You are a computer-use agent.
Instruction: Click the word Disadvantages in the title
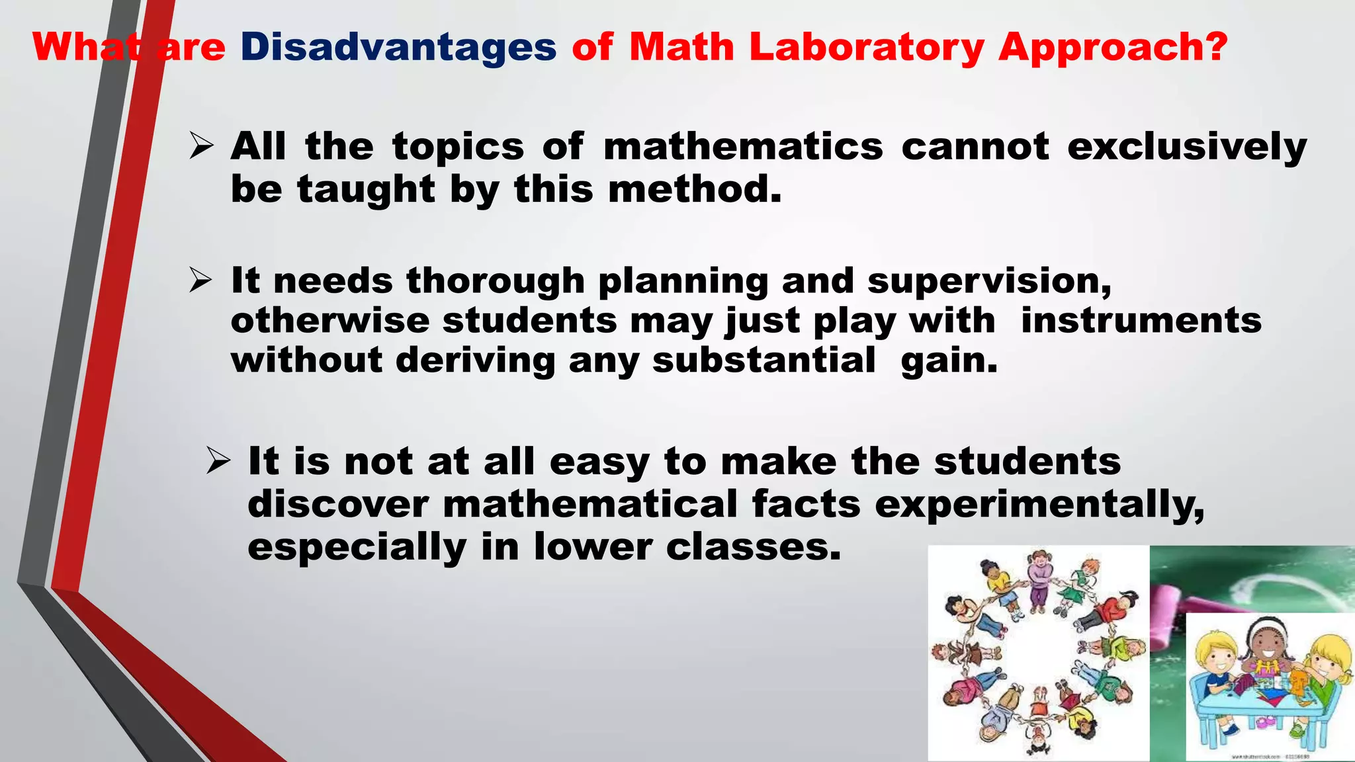(x=398, y=48)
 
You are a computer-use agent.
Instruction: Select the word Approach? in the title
(x=1113, y=48)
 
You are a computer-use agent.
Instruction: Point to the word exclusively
(x=1187, y=147)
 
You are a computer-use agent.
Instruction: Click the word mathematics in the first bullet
(x=743, y=147)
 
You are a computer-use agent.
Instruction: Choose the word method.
(x=695, y=190)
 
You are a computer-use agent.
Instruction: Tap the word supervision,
(x=989, y=281)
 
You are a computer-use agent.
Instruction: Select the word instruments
(x=1141, y=321)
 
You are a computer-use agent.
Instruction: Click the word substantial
(x=764, y=360)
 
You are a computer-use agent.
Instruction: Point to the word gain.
(x=949, y=362)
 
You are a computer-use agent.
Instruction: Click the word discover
(x=338, y=504)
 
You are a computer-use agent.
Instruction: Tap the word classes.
(x=754, y=547)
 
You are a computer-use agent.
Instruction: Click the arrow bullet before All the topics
(x=200, y=146)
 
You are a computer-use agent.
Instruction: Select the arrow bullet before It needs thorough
(x=200, y=280)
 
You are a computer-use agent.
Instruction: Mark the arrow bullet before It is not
(x=218, y=460)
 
